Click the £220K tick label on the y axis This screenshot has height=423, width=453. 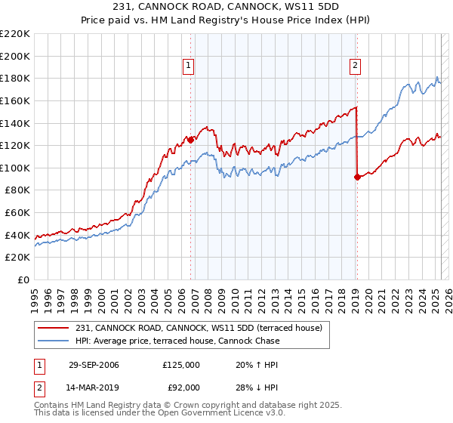[x=15, y=34]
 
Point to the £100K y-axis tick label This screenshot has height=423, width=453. [x=15, y=168]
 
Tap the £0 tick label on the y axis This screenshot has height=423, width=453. [x=23, y=279]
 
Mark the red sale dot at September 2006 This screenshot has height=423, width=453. [x=191, y=140]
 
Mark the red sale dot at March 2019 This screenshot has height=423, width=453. [x=356, y=178]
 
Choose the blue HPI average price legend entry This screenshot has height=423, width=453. [x=177, y=341]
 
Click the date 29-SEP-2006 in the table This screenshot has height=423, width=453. [x=94, y=364]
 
